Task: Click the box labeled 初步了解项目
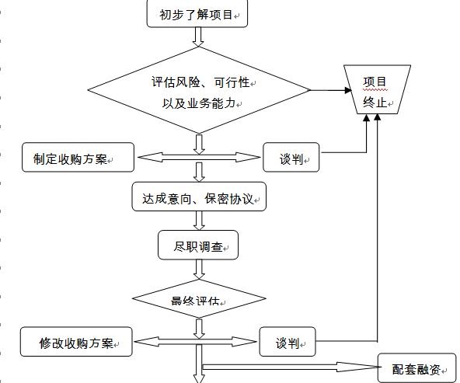(197, 14)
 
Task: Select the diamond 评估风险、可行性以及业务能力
(199, 90)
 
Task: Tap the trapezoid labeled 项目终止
(378, 89)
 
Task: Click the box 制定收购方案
(78, 157)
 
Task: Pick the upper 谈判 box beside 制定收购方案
(291, 157)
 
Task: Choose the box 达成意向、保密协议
(199, 197)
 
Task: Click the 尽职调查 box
(198, 245)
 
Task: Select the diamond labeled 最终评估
(199, 299)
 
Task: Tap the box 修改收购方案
(76, 342)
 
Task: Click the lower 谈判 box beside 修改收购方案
(287, 342)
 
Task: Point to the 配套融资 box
(416, 367)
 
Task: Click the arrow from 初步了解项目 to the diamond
(198, 37)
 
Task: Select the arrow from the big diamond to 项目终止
(331, 90)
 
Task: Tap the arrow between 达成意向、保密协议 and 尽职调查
(199, 221)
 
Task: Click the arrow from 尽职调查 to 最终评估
(199, 270)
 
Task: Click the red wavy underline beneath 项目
(375, 90)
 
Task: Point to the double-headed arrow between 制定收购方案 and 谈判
(199, 157)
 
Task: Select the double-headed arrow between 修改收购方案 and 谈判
(195, 342)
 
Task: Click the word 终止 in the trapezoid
(375, 103)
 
